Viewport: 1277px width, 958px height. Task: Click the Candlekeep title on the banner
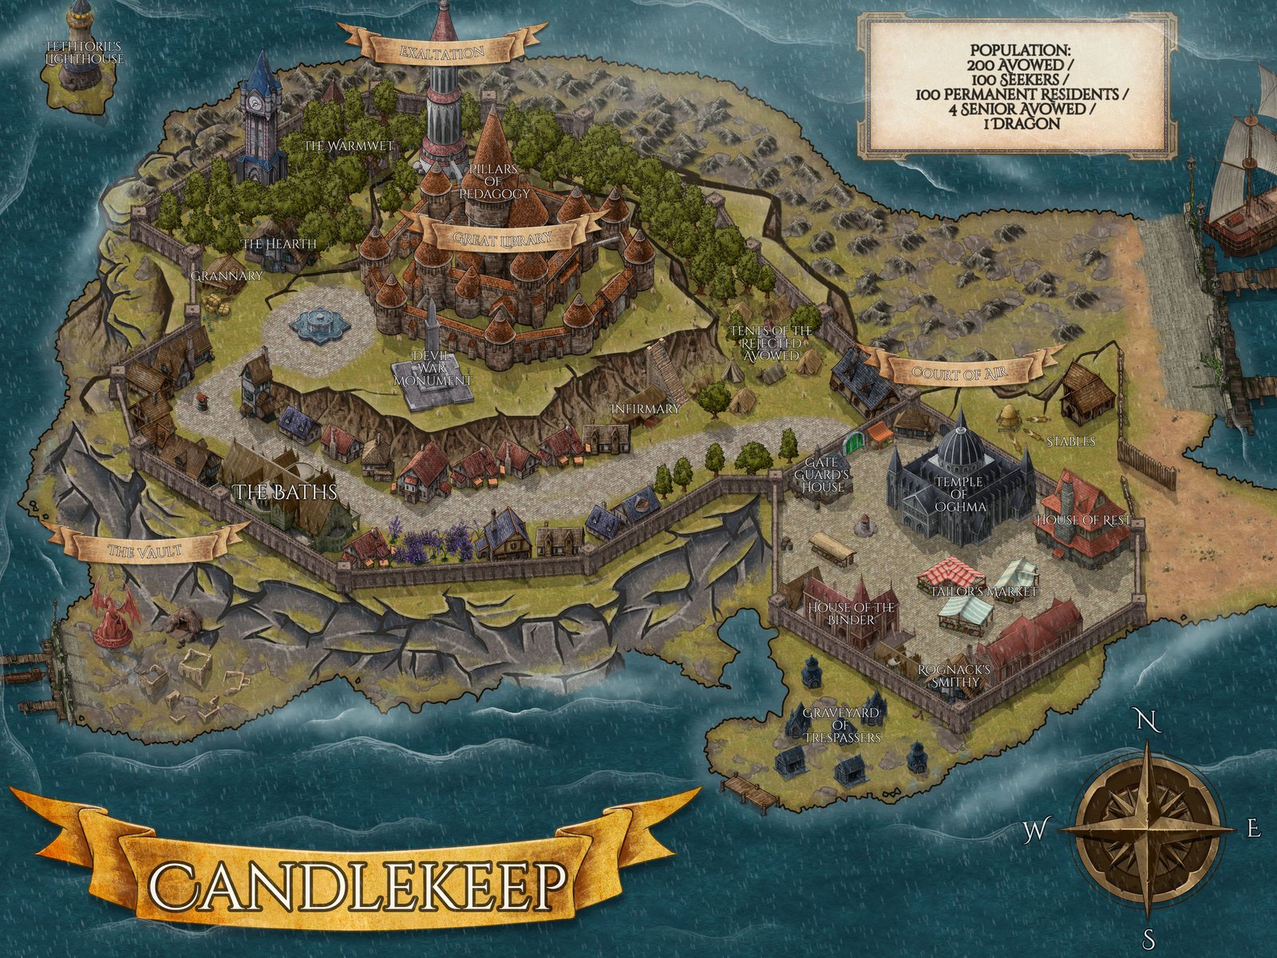point(358,885)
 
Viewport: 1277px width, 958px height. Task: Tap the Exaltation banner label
point(441,53)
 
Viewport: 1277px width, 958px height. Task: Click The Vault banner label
point(144,550)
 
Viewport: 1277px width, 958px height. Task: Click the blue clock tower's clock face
point(256,102)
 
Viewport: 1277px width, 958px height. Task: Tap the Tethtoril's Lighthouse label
point(84,53)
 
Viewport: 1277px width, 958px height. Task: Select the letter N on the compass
point(1147,722)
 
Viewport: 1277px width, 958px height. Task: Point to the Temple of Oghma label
point(959,494)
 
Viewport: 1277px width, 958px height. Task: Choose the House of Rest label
point(1083,520)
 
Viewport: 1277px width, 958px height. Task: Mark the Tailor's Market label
point(984,592)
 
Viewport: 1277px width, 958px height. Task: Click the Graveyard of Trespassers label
point(841,724)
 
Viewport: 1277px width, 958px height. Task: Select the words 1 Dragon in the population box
point(1015,124)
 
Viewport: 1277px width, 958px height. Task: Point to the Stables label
point(1070,441)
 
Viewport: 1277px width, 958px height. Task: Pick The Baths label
point(286,492)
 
